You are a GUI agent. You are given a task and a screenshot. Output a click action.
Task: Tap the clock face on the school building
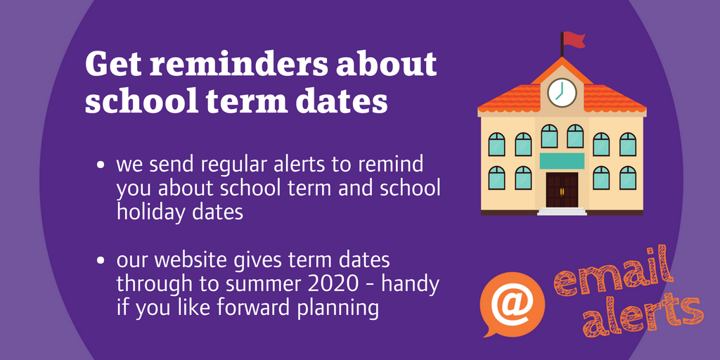562,92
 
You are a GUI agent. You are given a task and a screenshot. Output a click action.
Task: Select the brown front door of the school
562,189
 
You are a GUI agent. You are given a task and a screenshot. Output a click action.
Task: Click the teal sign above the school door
562,160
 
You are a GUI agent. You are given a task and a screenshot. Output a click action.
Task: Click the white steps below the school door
562,211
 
